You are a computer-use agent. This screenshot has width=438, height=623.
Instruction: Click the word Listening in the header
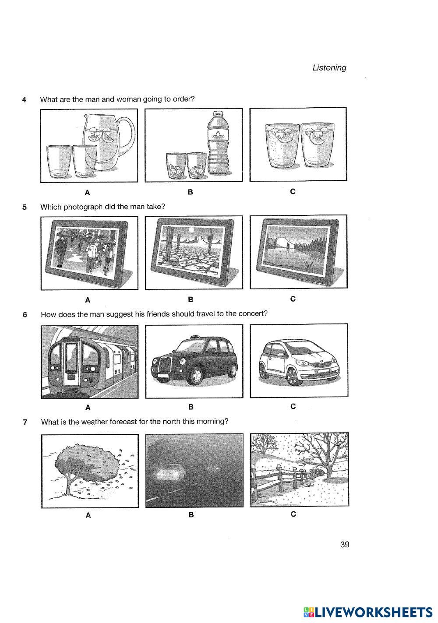pyautogui.click(x=329, y=68)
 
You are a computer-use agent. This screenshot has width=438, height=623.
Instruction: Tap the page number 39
pyautogui.click(x=344, y=545)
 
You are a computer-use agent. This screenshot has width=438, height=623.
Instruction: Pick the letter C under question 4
pyautogui.click(x=293, y=191)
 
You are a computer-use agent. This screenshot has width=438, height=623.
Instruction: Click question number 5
pyautogui.click(x=25, y=207)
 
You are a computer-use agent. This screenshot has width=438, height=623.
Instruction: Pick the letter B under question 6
pyautogui.click(x=191, y=407)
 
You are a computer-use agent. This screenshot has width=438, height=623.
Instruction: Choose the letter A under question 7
pyautogui.click(x=88, y=515)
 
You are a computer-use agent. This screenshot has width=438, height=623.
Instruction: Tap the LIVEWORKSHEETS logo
pyautogui.click(x=367, y=612)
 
